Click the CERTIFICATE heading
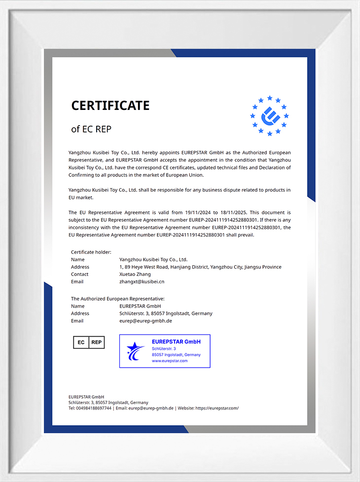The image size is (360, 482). click(x=110, y=105)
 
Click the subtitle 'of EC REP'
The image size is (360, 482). click(x=91, y=129)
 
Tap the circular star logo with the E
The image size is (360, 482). click(x=269, y=116)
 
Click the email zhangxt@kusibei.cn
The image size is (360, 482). click(x=142, y=281)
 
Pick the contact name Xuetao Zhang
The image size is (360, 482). click(x=135, y=274)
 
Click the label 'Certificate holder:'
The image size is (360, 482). click(x=91, y=252)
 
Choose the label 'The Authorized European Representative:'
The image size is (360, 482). click(x=118, y=299)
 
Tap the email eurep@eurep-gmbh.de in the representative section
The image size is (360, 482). click(x=145, y=321)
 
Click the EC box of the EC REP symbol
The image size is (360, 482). click(x=81, y=342)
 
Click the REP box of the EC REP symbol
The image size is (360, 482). click(x=97, y=342)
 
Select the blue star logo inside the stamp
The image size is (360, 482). click(x=135, y=351)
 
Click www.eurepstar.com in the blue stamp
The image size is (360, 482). click(x=170, y=361)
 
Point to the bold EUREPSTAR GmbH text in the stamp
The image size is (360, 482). click(x=176, y=342)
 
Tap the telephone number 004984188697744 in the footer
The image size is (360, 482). click(x=93, y=408)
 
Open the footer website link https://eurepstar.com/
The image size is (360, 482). click(x=217, y=408)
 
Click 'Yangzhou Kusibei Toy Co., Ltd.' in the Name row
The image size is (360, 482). click(x=153, y=259)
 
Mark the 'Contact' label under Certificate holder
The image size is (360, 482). click(x=80, y=274)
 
